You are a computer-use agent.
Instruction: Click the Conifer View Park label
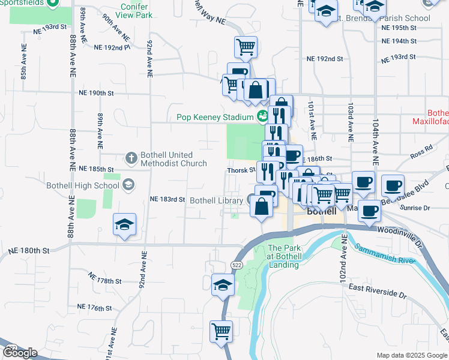(x=136, y=11)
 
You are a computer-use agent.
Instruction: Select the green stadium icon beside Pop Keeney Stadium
(x=261, y=116)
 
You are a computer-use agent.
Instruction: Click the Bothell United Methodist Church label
(x=173, y=159)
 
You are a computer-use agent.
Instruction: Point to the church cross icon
(x=131, y=158)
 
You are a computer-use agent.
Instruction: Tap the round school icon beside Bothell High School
(x=127, y=185)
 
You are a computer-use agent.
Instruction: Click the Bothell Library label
(x=218, y=200)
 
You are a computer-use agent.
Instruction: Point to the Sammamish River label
(x=384, y=254)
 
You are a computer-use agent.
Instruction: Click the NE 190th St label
(x=96, y=93)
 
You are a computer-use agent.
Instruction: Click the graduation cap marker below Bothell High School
(x=124, y=225)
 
